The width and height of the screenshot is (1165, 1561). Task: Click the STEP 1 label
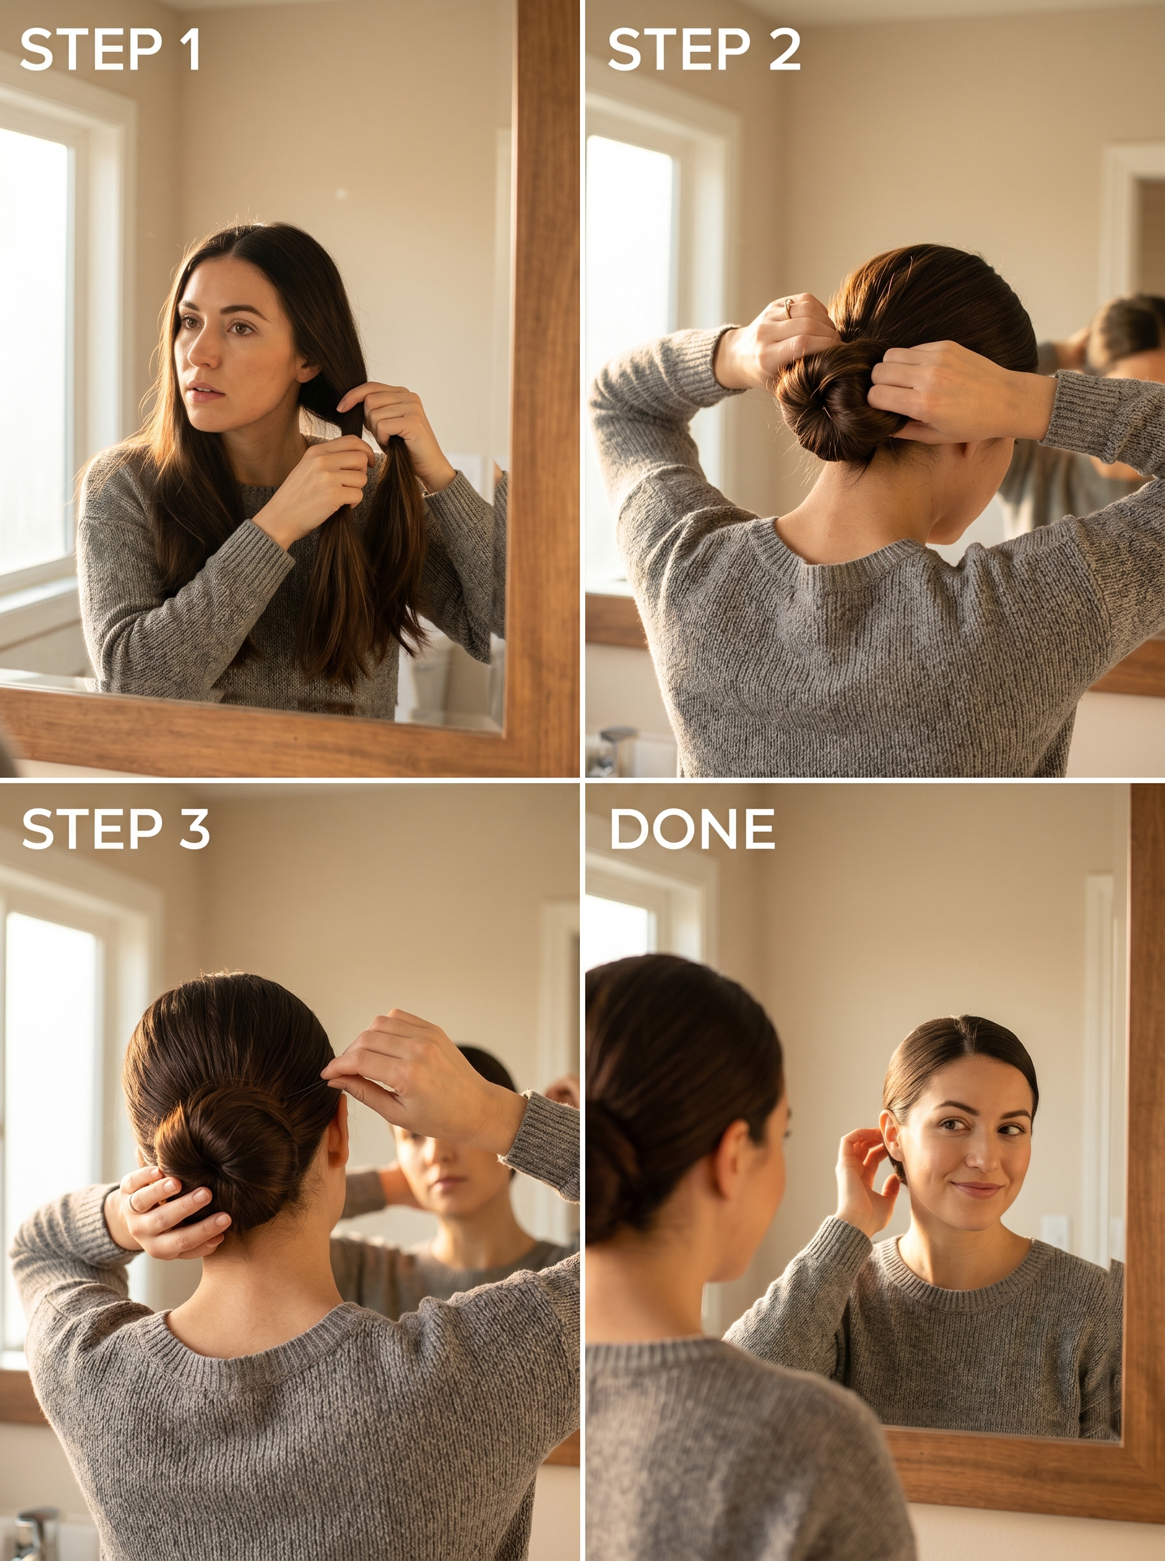[110, 49]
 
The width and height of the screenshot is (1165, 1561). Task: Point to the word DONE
[692, 829]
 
